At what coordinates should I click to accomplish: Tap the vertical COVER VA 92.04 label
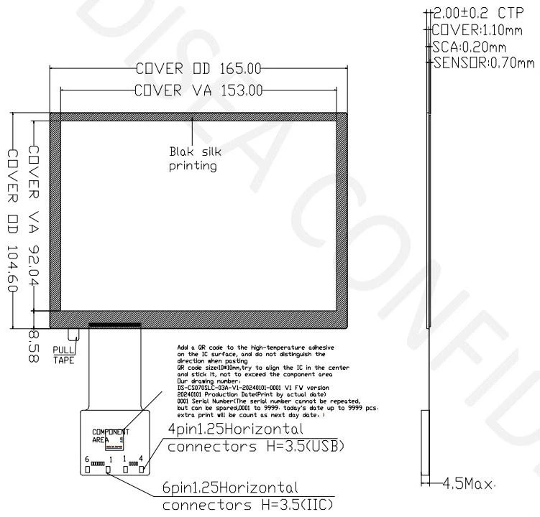[33, 215]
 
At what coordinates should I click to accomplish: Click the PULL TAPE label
[63, 356]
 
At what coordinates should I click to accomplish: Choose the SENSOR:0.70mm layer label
[483, 62]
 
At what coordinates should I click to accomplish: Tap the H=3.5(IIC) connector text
[247, 505]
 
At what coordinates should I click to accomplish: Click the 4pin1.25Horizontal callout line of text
[231, 429]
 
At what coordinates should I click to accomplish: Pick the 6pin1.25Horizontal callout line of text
[230, 488]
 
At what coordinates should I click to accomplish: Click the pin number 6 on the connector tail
[86, 459]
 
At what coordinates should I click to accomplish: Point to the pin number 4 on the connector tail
[141, 458]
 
